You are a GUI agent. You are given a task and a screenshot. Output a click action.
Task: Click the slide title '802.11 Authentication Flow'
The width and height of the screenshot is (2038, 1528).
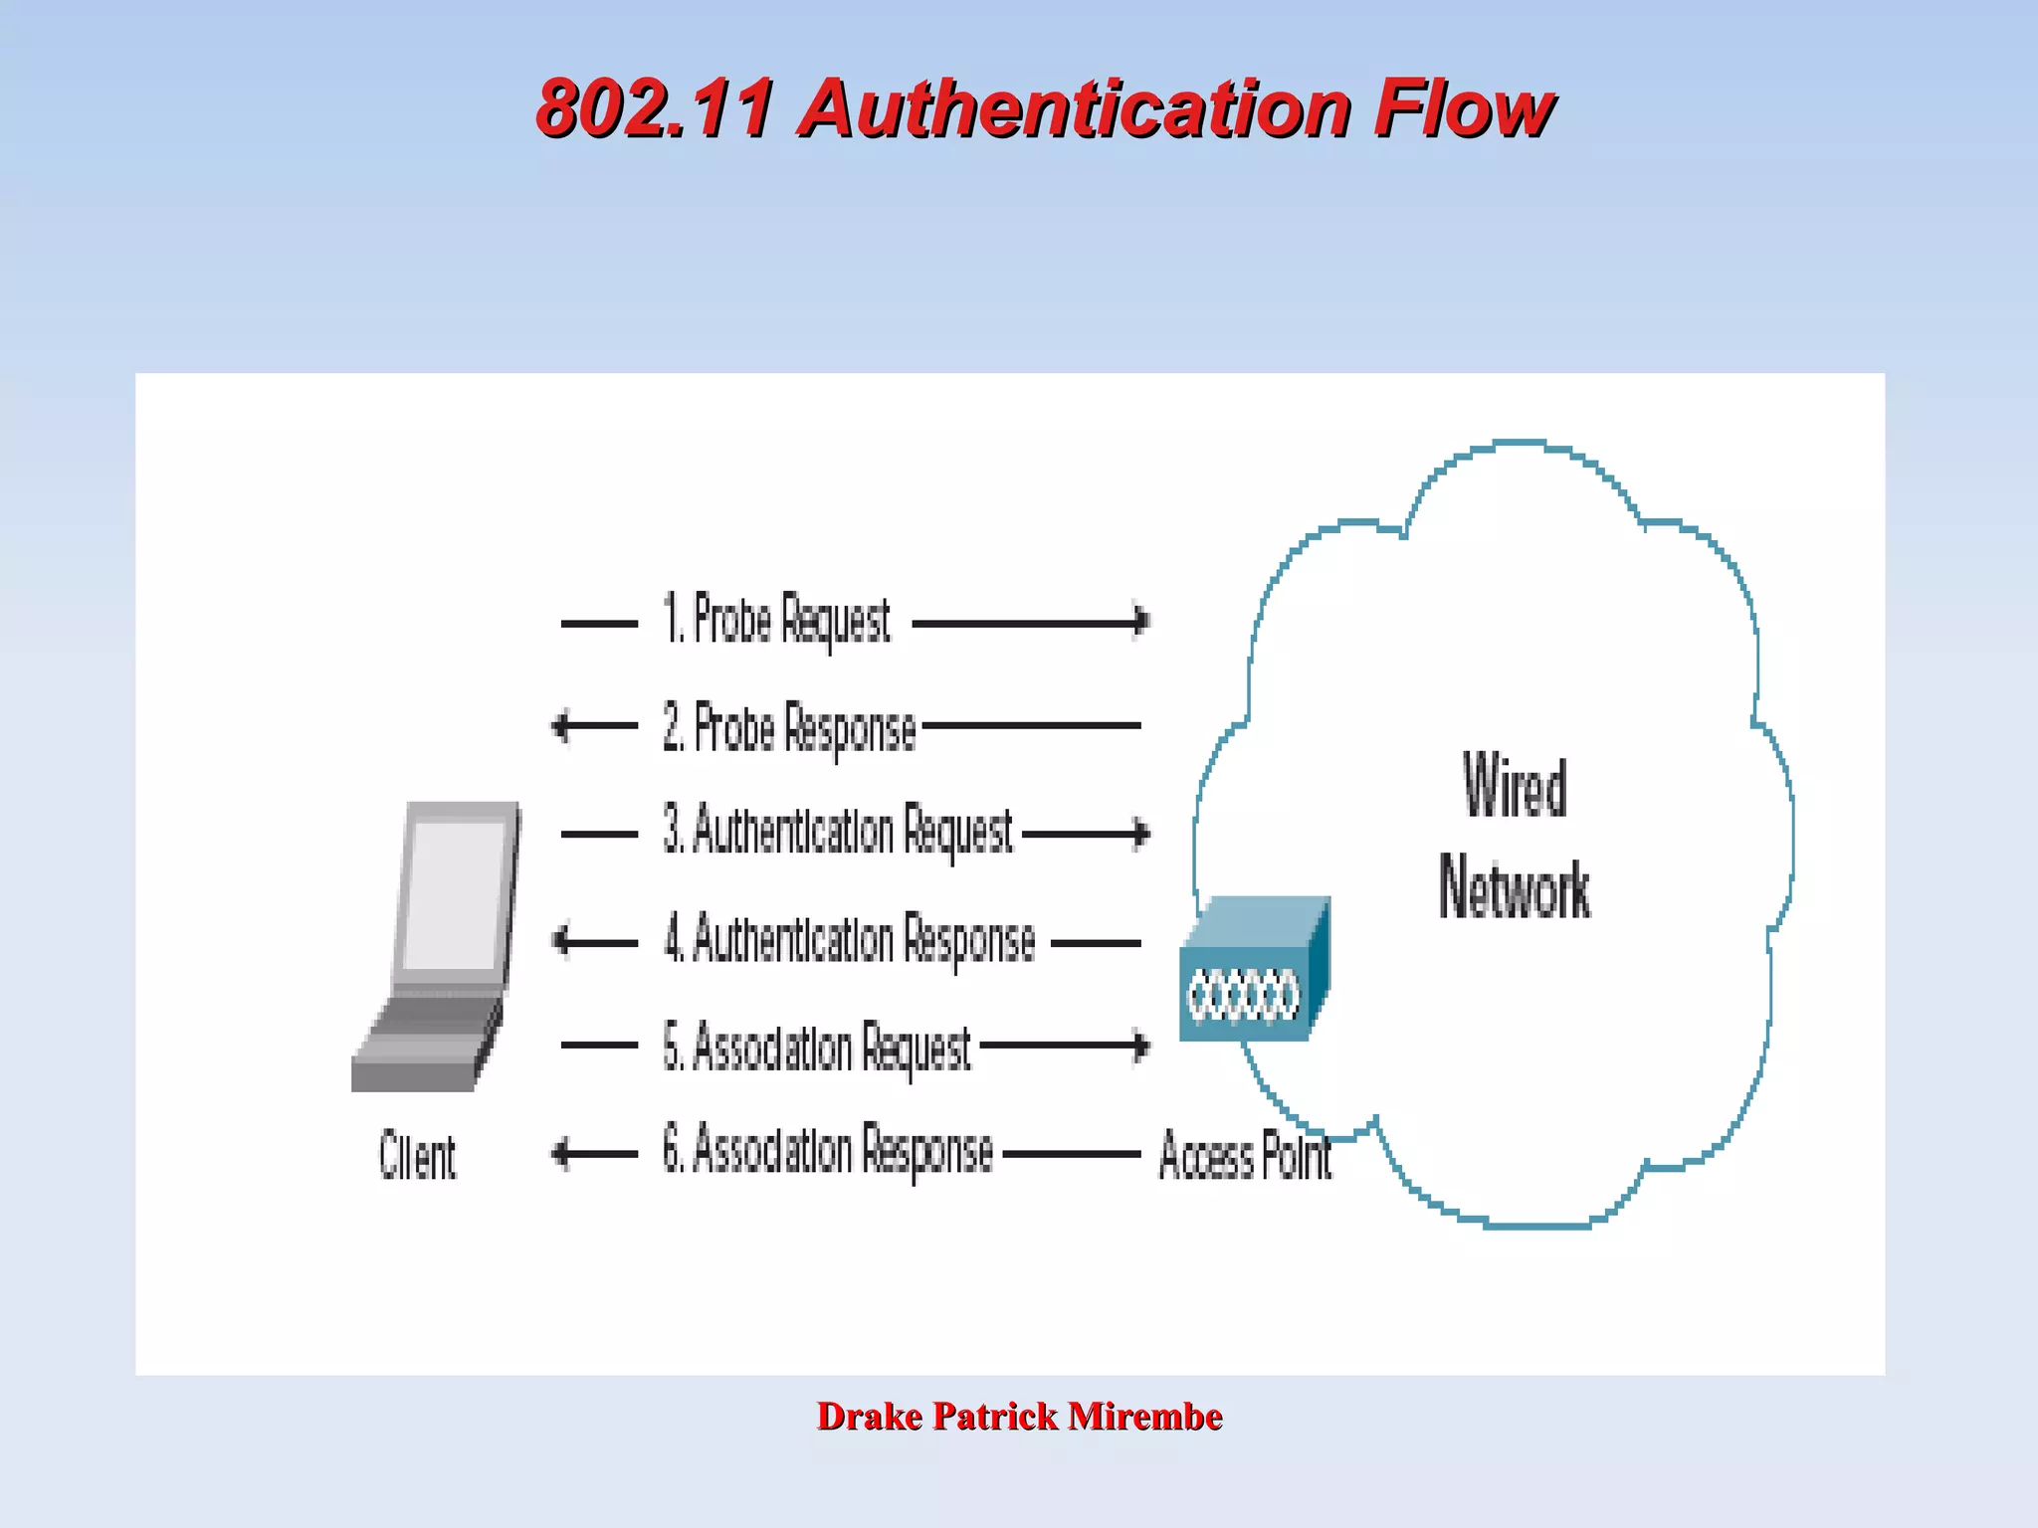click(x=1044, y=108)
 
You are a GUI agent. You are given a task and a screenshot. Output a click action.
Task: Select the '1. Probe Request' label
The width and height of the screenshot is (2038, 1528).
click(x=777, y=621)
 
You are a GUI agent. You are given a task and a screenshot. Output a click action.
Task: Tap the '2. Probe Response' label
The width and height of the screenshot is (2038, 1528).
click(x=789, y=728)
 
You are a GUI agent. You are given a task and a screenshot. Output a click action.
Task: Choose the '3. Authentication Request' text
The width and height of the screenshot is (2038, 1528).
click(x=838, y=833)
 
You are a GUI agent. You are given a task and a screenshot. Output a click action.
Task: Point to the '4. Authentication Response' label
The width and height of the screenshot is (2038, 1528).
click(x=850, y=940)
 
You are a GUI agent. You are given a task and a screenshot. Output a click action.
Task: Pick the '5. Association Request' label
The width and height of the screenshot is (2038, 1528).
click(x=817, y=1048)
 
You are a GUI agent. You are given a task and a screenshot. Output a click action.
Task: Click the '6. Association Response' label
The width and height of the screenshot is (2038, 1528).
click(x=828, y=1152)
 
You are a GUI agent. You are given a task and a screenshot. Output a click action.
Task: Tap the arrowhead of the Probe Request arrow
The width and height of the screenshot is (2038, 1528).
click(x=1142, y=622)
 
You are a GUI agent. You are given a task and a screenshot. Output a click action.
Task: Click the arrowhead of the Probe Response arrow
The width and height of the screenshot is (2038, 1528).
click(x=561, y=726)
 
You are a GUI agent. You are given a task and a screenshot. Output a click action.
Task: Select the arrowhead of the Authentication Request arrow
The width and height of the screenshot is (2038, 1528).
click(x=1142, y=834)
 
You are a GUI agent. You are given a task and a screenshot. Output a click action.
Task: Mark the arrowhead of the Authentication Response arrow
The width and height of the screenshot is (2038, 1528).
click(x=561, y=940)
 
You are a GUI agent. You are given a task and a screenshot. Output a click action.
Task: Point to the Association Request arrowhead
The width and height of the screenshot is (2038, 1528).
click(x=1142, y=1046)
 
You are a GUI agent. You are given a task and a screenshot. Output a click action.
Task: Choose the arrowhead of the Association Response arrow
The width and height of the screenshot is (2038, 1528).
click(x=561, y=1154)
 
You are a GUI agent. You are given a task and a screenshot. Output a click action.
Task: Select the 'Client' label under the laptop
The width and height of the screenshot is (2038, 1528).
click(x=417, y=1157)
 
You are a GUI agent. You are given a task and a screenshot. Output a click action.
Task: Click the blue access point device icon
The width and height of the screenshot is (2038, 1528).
click(x=1253, y=971)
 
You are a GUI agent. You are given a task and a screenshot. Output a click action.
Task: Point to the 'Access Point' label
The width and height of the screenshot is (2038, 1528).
click(x=1245, y=1157)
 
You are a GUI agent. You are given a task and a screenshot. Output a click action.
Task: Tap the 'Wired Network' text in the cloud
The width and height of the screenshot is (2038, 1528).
click(x=1514, y=837)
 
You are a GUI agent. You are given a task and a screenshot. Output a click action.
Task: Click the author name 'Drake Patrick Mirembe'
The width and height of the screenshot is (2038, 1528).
click(x=1019, y=1416)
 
